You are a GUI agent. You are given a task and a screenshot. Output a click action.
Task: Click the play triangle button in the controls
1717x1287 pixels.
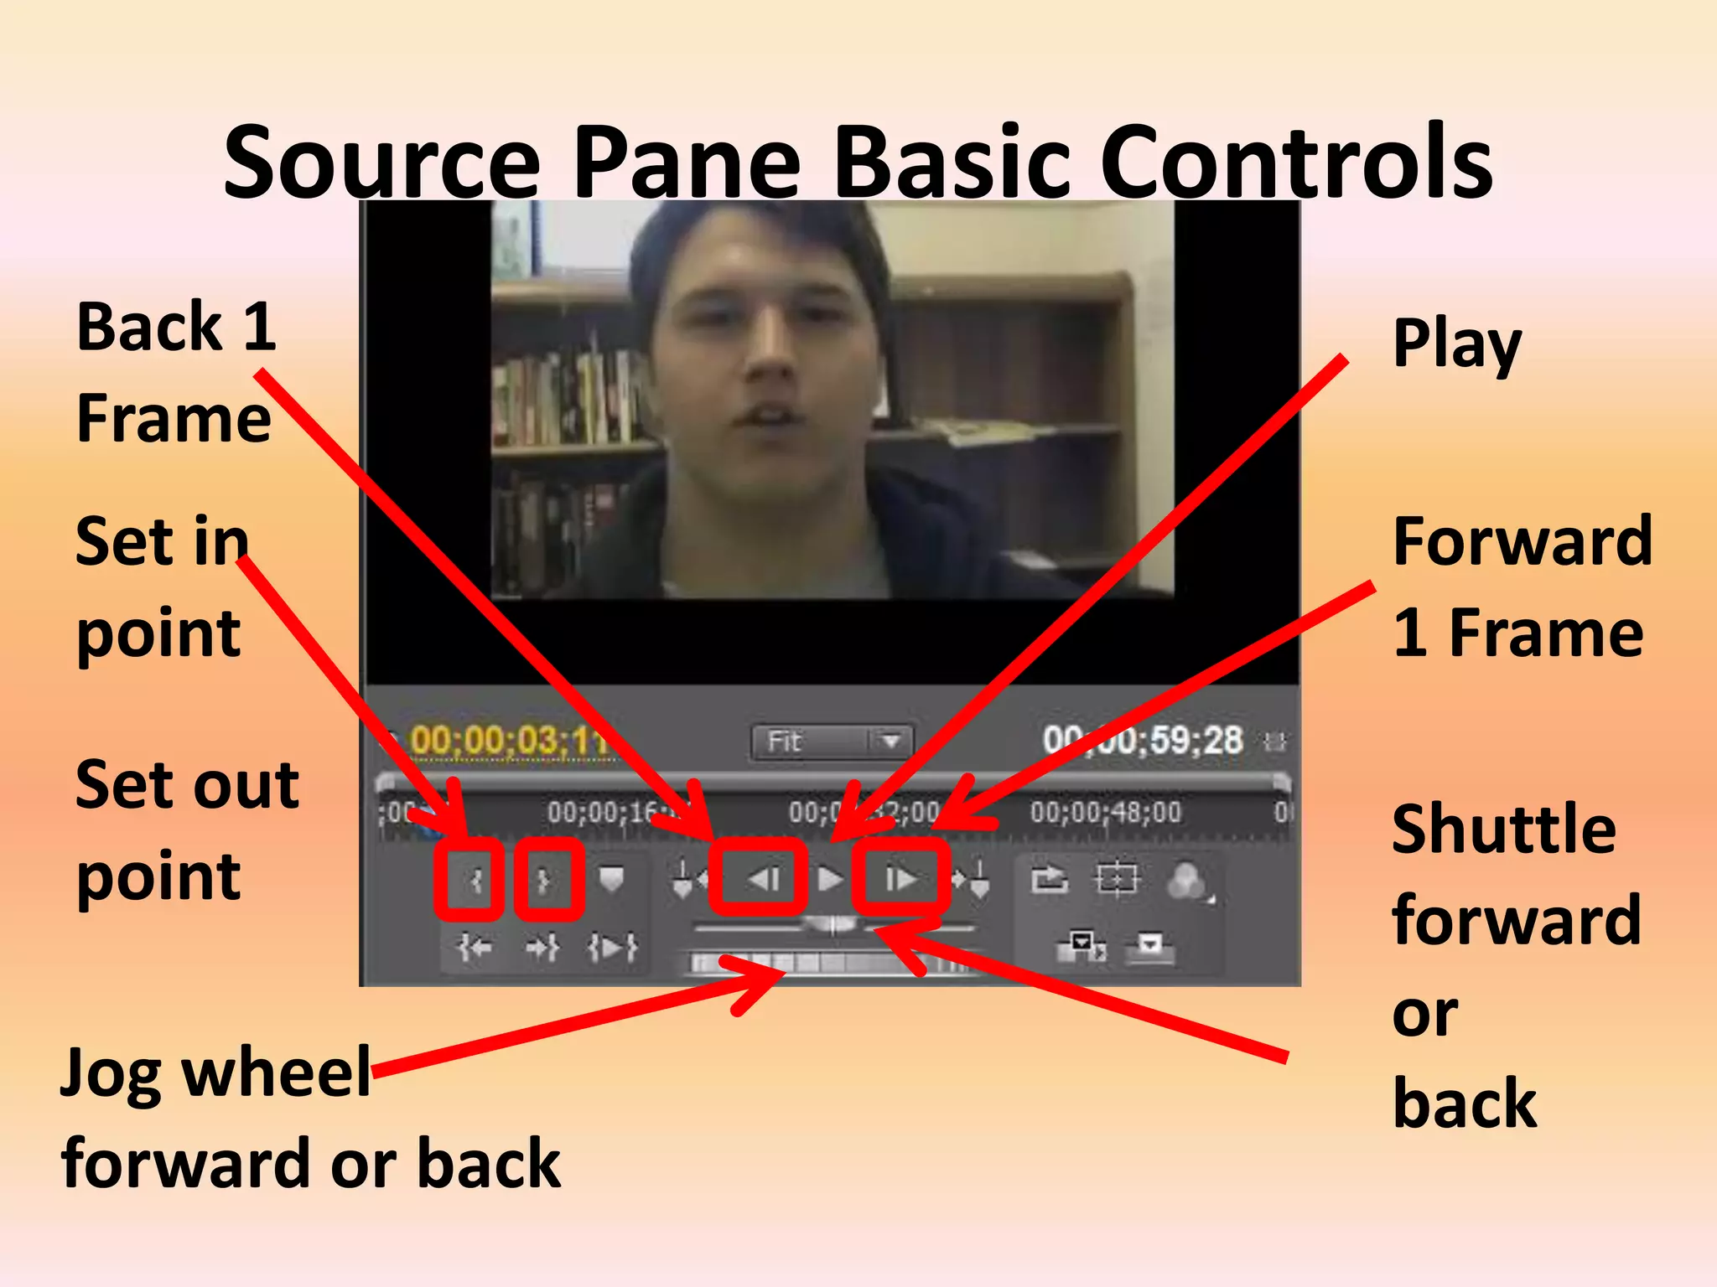coord(830,879)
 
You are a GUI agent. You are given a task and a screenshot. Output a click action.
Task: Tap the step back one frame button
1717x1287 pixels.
coord(764,879)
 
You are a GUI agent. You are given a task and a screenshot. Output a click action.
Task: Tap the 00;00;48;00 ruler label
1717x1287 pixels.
coord(1106,812)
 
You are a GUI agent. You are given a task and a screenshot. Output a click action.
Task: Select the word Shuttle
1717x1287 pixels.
coord(1504,830)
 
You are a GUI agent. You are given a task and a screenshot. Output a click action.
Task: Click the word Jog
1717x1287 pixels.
coord(112,1075)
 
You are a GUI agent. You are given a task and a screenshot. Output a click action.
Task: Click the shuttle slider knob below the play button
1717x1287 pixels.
coord(832,925)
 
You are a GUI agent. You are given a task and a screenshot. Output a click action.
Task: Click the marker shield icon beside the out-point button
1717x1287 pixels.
coord(612,879)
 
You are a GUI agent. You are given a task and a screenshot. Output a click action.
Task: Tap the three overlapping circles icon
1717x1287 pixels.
coord(1186,881)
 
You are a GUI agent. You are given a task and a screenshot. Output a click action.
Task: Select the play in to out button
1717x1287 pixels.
coord(613,948)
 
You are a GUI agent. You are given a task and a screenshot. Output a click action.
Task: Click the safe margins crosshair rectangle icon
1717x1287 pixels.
coord(1117,879)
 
